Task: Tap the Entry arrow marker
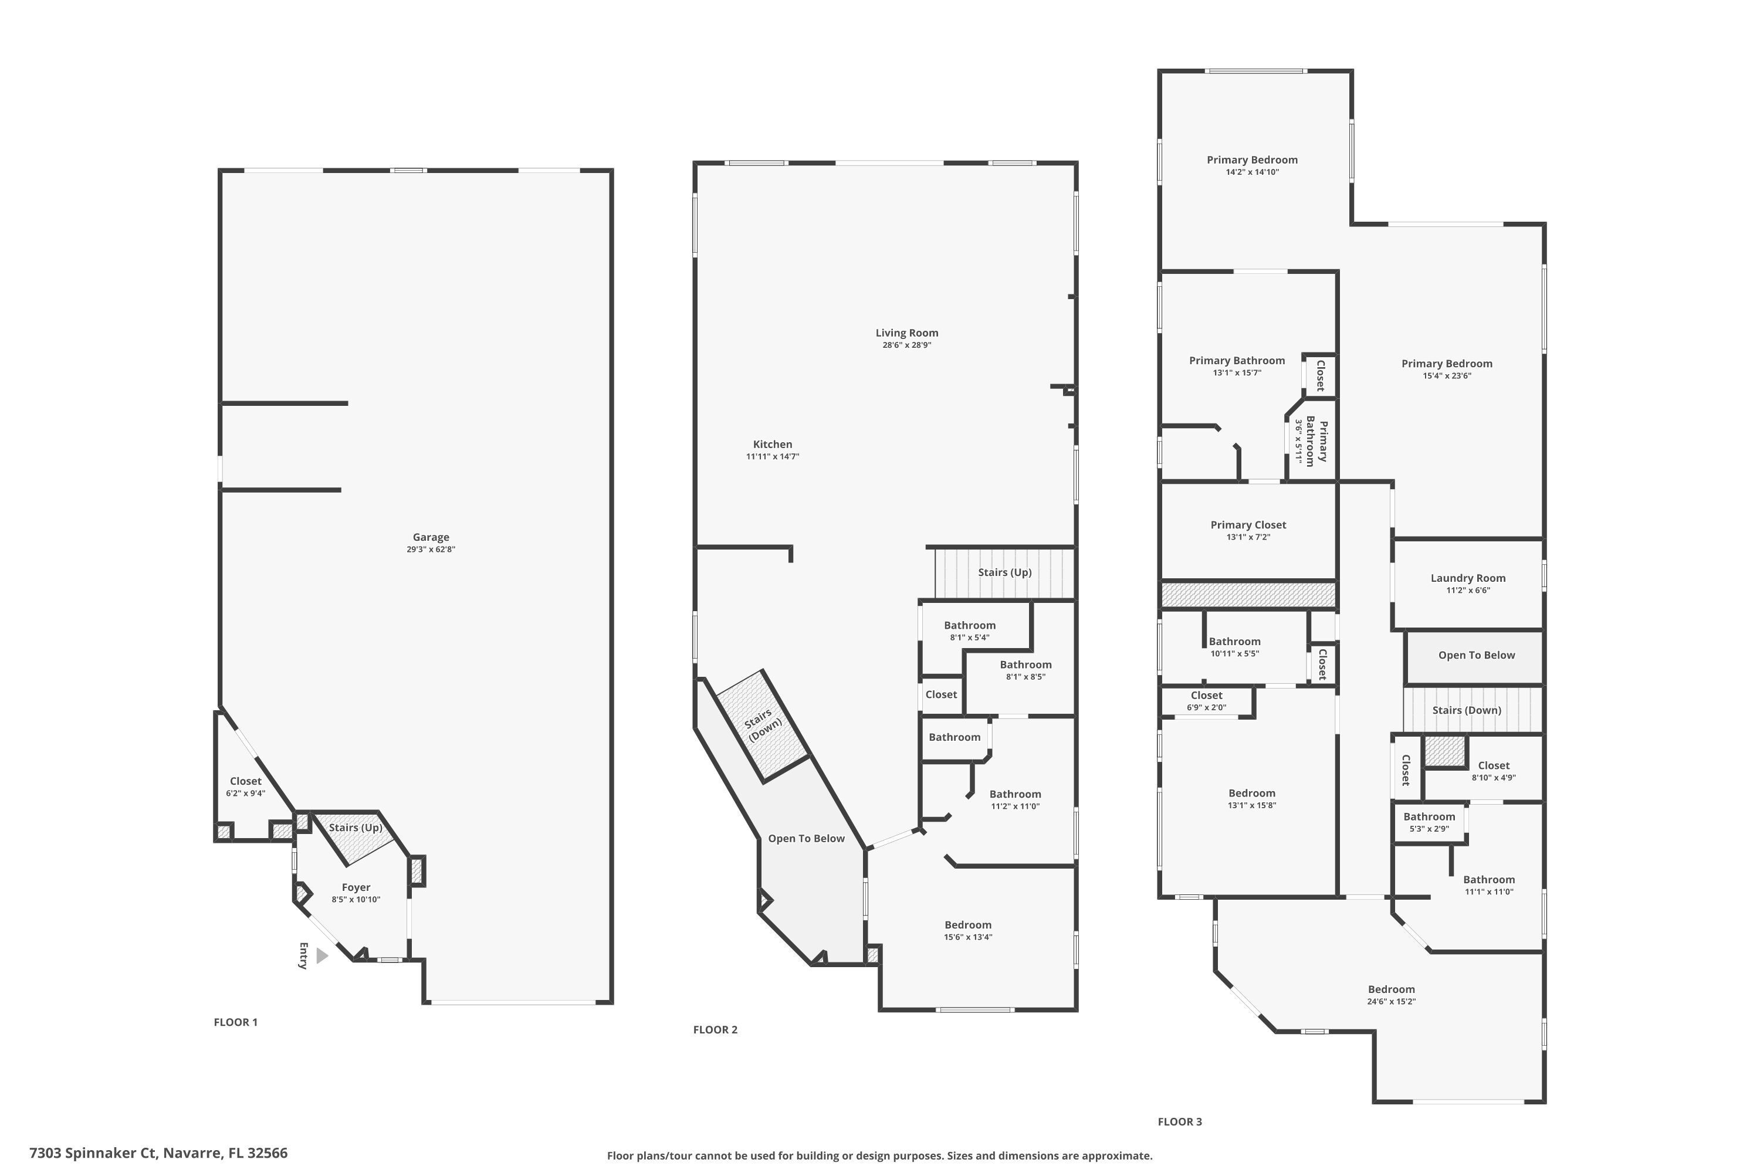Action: (321, 956)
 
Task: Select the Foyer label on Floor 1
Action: (356, 888)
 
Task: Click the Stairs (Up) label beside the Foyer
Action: (356, 828)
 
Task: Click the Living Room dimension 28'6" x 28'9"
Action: (906, 345)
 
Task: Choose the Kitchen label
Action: (772, 445)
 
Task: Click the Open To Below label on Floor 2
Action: (806, 839)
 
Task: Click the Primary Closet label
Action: (1248, 525)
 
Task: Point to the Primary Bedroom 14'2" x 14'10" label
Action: (1252, 160)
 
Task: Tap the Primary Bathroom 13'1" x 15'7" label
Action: (1237, 361)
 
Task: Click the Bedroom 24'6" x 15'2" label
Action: (1391, 990)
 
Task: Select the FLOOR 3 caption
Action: (1179, 1122)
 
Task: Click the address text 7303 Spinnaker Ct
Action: (158, 1153)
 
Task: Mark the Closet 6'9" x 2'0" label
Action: (1206, 696)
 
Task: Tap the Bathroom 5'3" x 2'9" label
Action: (1429, 817)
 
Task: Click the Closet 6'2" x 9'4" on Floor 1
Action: (245, 782)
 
